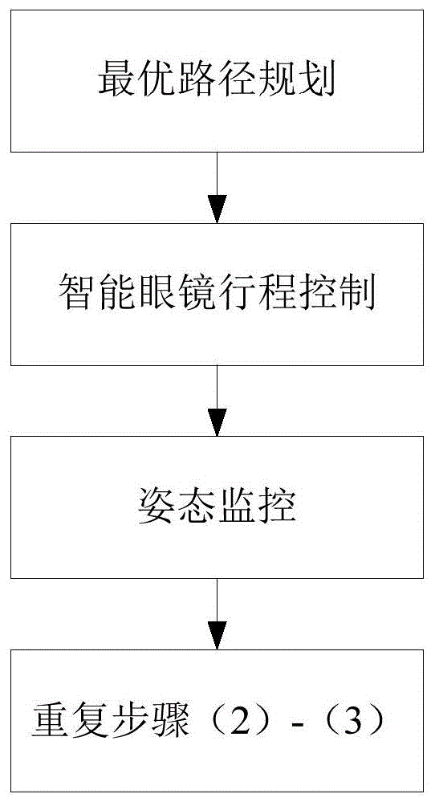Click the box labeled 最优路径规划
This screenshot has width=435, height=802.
point(217,81)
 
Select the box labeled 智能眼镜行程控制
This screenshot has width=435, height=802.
point(217,294)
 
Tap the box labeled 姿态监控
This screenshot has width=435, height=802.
point(217,507)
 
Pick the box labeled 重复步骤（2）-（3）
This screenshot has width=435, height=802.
point(217,721)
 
